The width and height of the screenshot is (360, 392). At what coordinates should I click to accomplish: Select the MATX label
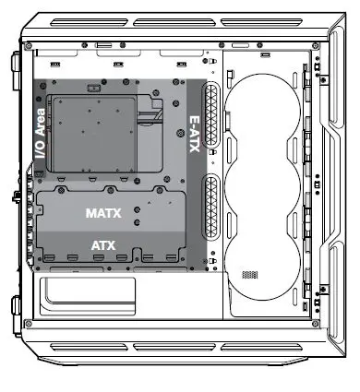pyautogui.click(x=103, y=213)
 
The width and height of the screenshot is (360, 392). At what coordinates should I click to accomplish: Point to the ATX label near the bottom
pyautogui.click(x=102, y=245)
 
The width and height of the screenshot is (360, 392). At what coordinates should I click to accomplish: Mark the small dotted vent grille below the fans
pyautogui.click(x=253, y=275)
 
